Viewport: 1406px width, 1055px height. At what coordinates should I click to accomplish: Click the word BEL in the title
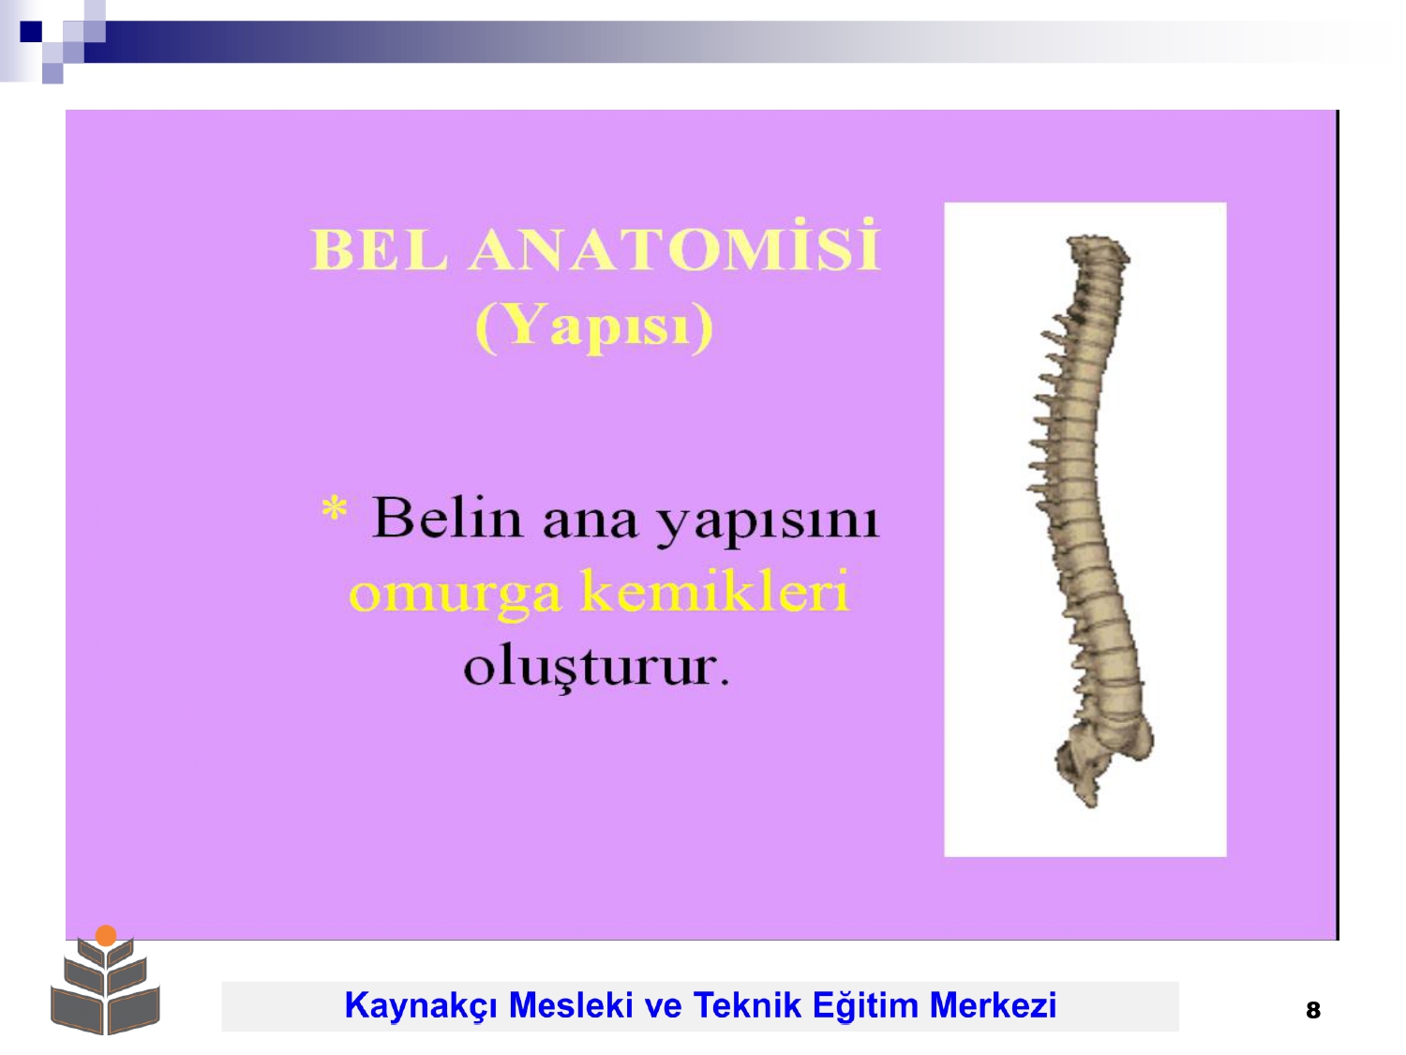pos(378,249)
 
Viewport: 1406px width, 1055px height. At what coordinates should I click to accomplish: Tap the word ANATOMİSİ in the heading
pos(674,246)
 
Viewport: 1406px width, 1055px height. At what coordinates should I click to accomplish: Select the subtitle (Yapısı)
pos(593,326)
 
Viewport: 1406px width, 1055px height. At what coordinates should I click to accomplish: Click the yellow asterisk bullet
pos(334,509)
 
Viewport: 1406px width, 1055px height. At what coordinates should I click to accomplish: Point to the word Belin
pos(446,517)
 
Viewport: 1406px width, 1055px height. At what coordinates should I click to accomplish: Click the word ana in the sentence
pos(590,522)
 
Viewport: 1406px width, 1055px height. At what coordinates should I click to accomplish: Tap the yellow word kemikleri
pos(715,590)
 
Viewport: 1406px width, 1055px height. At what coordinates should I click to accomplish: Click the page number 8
pos(1312,1010)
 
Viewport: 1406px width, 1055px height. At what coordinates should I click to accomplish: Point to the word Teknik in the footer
pos(747,1004)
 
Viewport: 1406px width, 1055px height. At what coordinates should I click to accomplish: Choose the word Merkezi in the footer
pos(993,1004)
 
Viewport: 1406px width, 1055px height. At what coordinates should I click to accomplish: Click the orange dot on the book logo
pos(106,935)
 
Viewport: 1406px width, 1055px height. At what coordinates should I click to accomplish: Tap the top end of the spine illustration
pos(1097,238)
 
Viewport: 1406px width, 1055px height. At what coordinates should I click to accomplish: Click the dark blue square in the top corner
pos(31,31)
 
